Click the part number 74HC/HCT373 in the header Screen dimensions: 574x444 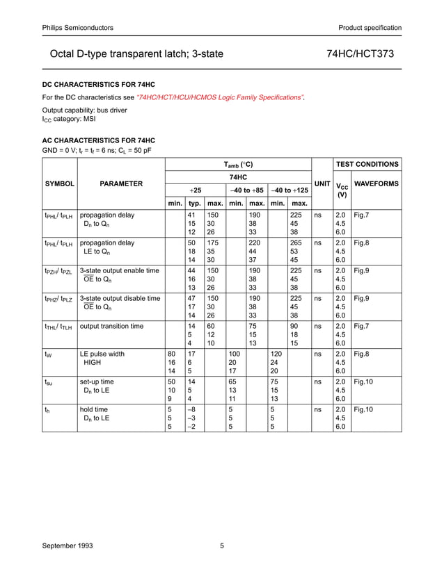[x=363, y=53]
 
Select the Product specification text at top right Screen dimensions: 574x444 [x=370, y=28]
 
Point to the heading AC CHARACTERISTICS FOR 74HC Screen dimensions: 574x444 [x=99, y=140]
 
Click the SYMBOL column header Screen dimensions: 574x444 [x=59, y=183]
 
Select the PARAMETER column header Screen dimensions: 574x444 [x=121, y=183]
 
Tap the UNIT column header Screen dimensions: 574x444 [x=322, y=183]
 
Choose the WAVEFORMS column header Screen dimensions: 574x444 [x=376, y=183]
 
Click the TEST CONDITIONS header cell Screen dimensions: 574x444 [x=367, y=165]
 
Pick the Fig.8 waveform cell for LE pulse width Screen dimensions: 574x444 [x=362, y=354]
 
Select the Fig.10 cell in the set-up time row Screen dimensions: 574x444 [x=363, y=382]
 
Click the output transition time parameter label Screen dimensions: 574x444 [x=112, y=326]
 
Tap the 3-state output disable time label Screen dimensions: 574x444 [x=120, y=298]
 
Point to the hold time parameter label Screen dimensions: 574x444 [x=94, y=409]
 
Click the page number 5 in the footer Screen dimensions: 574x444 [x=222, y=546]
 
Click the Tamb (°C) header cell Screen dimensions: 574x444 [x=237, y=165]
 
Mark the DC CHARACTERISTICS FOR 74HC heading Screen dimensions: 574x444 [x=99, y=84]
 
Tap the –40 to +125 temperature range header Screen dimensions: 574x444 [x=290, y=190]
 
